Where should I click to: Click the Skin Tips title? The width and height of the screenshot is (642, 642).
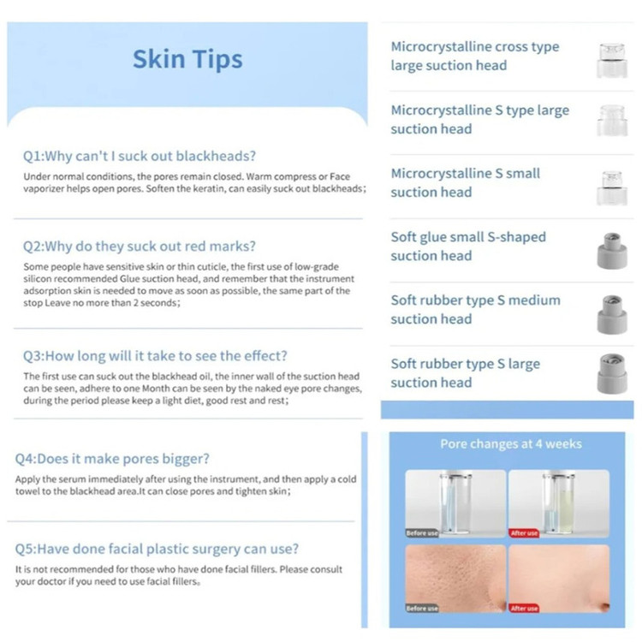tap(187, 59)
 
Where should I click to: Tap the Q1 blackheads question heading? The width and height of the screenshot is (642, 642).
tap(140, 156)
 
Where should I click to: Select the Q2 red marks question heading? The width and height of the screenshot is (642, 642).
tap(140, 246)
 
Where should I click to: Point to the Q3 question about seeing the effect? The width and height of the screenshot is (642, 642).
tap(155, 356)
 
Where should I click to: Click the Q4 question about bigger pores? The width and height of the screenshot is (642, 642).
tap(112, 459)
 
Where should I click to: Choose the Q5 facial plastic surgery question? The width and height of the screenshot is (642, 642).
tap(157, 549)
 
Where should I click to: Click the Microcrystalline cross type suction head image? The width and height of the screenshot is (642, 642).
tap(612, 61)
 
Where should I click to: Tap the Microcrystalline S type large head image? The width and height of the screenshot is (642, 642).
tap(612, 121)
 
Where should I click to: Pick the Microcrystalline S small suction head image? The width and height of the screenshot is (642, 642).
tap(612, 187)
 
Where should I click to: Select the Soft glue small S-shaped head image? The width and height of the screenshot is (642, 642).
tap(612, 251)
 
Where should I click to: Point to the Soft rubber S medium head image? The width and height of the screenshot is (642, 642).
tap(612, 314)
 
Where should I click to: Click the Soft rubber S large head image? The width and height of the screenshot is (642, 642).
tap(612, 373)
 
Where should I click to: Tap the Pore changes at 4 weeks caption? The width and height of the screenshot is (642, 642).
tap(511, 443)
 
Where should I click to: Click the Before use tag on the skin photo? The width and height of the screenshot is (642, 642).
tap(422, 609)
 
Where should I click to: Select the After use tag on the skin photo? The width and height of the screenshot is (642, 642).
tap(524, 609)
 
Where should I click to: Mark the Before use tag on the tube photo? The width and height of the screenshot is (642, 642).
tap(422, 533)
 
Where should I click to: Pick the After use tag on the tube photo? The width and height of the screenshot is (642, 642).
tap(524, 533)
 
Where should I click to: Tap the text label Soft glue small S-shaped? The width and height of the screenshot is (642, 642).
tap(468, 237)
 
